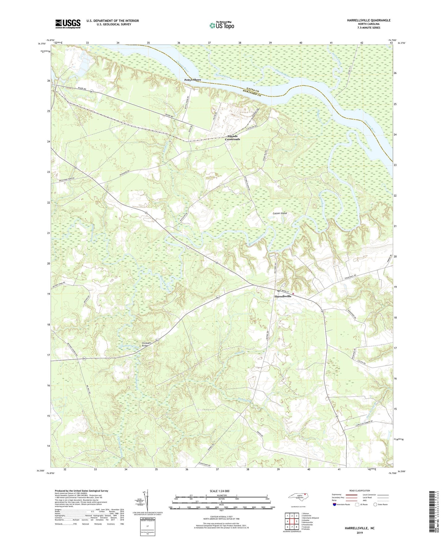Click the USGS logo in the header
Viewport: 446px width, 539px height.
68,24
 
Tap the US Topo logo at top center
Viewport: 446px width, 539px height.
222,25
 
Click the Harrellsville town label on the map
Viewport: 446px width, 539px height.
283,296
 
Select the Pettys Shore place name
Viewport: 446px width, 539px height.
193,80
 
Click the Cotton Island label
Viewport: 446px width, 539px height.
280,213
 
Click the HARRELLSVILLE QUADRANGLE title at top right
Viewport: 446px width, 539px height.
364,20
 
